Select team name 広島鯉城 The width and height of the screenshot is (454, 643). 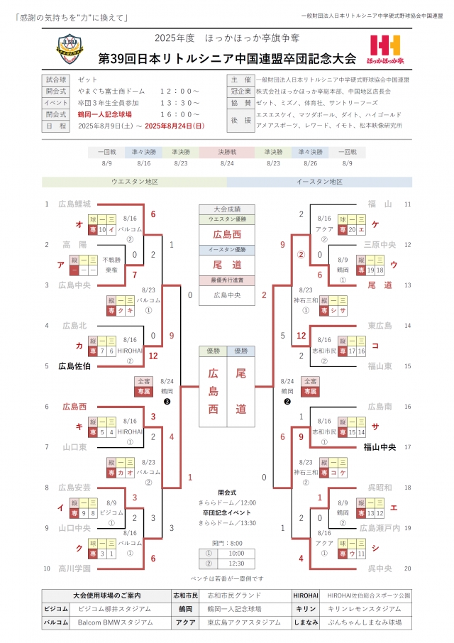pos(74,204)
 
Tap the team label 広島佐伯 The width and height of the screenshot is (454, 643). pos(74,366)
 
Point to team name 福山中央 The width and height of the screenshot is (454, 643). pos(377,447)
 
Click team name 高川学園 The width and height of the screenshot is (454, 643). pos(74,568)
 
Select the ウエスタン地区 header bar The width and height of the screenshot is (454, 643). pos(134,182)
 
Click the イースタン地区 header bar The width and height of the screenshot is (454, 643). pos(319,182)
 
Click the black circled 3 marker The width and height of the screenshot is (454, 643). pos(166,401)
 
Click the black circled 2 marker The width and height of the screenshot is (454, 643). pos(287,401)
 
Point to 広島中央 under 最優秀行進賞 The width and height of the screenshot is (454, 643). pos(226,295)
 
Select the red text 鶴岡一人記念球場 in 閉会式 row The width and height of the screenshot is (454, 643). pos(107,114)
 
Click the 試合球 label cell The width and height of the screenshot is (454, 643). pos(55,79)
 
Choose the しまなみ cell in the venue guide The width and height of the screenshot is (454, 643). pos(307,622)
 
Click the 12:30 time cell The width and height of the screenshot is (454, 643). pos(236,564)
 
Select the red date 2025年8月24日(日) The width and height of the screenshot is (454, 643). pos(174,126)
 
